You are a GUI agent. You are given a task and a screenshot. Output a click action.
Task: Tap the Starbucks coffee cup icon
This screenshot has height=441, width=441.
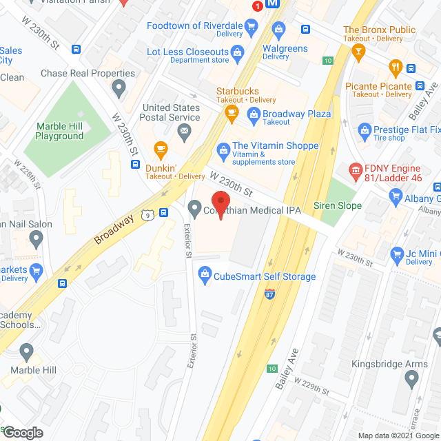(231, 111)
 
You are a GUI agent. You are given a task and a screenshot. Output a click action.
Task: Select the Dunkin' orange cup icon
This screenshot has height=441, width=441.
(161, 149)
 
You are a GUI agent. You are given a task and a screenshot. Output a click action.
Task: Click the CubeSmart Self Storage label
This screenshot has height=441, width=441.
(265, 276)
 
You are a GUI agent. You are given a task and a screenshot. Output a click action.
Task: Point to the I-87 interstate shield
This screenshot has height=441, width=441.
(269, 294)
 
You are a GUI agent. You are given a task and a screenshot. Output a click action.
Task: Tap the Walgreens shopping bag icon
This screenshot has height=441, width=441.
(278, 29)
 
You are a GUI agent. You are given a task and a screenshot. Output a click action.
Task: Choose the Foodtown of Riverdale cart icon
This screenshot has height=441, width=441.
(252, 27)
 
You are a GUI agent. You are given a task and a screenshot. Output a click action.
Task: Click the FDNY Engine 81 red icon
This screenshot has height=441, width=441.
(356, 170)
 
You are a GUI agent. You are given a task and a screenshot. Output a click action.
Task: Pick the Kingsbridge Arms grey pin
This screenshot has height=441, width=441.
(411, 378)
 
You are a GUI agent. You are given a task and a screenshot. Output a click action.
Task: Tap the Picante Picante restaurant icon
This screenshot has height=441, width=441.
(396, 68)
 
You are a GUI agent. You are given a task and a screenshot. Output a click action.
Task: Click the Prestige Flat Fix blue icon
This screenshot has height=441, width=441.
(364, 130)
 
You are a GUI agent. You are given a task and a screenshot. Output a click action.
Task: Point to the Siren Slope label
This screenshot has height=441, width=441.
(338, 206)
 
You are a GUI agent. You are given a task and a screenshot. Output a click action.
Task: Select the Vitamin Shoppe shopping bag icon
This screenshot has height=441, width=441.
(223, 149)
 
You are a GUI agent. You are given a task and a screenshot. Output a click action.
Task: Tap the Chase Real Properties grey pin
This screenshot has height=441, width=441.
(119, 88)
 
